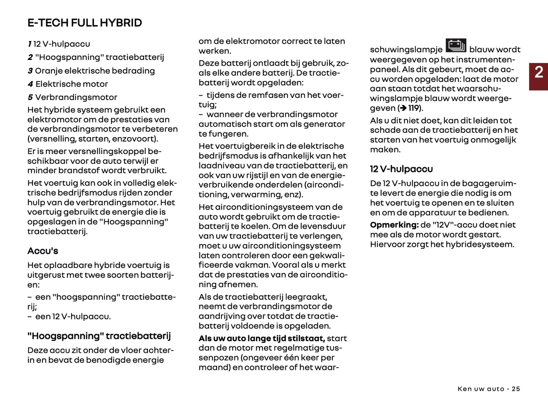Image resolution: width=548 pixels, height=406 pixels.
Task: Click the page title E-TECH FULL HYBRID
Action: tap(85, 23)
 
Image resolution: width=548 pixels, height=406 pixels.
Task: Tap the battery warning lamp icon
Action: tap(455, 46)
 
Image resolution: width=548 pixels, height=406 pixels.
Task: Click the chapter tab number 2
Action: tap(539, 72)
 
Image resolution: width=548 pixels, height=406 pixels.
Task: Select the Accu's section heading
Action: tap(42, 251)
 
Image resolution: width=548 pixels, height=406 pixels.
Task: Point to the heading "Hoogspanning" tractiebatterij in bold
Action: tap(99, 336)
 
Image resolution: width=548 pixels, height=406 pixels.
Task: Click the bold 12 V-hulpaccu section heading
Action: tap(401, 169)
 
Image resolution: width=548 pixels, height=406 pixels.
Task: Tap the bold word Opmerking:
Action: tap(394, 225)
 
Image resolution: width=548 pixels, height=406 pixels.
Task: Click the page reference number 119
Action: tap(414, 108)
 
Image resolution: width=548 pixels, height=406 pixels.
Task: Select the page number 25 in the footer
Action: tap(516, 389)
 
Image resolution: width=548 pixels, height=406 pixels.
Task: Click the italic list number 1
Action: tap(29, 44)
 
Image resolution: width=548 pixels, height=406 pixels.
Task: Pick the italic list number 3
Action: tap(30, 71)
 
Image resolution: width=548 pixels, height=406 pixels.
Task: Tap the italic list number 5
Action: tap(30, 98)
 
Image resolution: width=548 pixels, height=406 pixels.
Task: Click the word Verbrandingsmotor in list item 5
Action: tap(76, 97)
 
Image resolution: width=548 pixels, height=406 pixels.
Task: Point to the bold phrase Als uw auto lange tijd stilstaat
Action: tap(262, 338)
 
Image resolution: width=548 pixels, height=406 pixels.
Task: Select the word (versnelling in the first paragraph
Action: tap(51, 138)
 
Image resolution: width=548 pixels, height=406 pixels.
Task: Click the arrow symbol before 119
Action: tap(404, 108)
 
